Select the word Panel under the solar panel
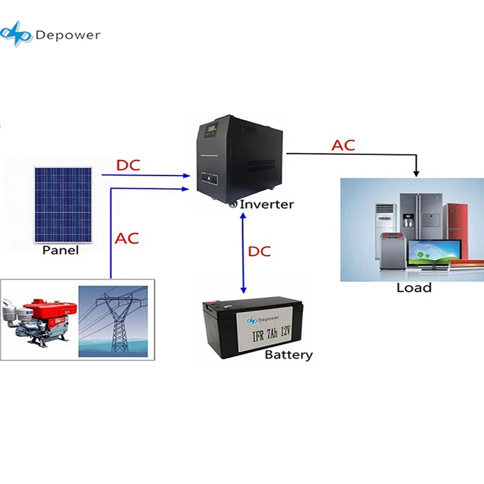pos(60,250)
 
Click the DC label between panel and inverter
pos(128,165)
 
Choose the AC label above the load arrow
pos(343,145)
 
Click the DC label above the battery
pos(260,251)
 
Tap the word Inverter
pos(267,204)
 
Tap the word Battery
pos(289,355)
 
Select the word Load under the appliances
pos(414,288)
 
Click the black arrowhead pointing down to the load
pos(416,174)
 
